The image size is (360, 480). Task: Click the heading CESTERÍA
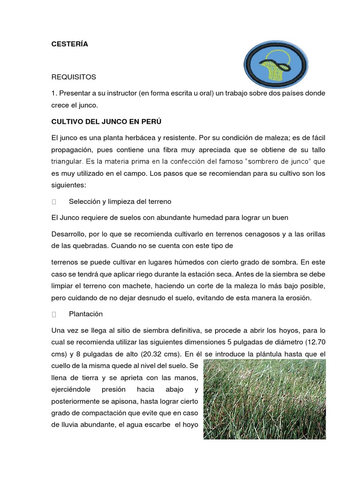pyautogui.click(x=69, y=45)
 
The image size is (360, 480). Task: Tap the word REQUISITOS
pyautogui.click(x=74, y=76)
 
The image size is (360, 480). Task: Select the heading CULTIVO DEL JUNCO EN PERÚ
pyautogui.click(x=106, y=121)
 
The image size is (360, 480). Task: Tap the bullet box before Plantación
pyautogui.click(x=54, y=314)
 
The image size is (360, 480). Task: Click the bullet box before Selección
pyautogui.click(x=54, y=202)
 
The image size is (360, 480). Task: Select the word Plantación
pyautogui.click(x=86, y=314)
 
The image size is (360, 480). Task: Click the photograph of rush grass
pyautogui.click(x=264, y=399)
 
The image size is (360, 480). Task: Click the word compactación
pyautogui.click(x=108, y=413)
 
